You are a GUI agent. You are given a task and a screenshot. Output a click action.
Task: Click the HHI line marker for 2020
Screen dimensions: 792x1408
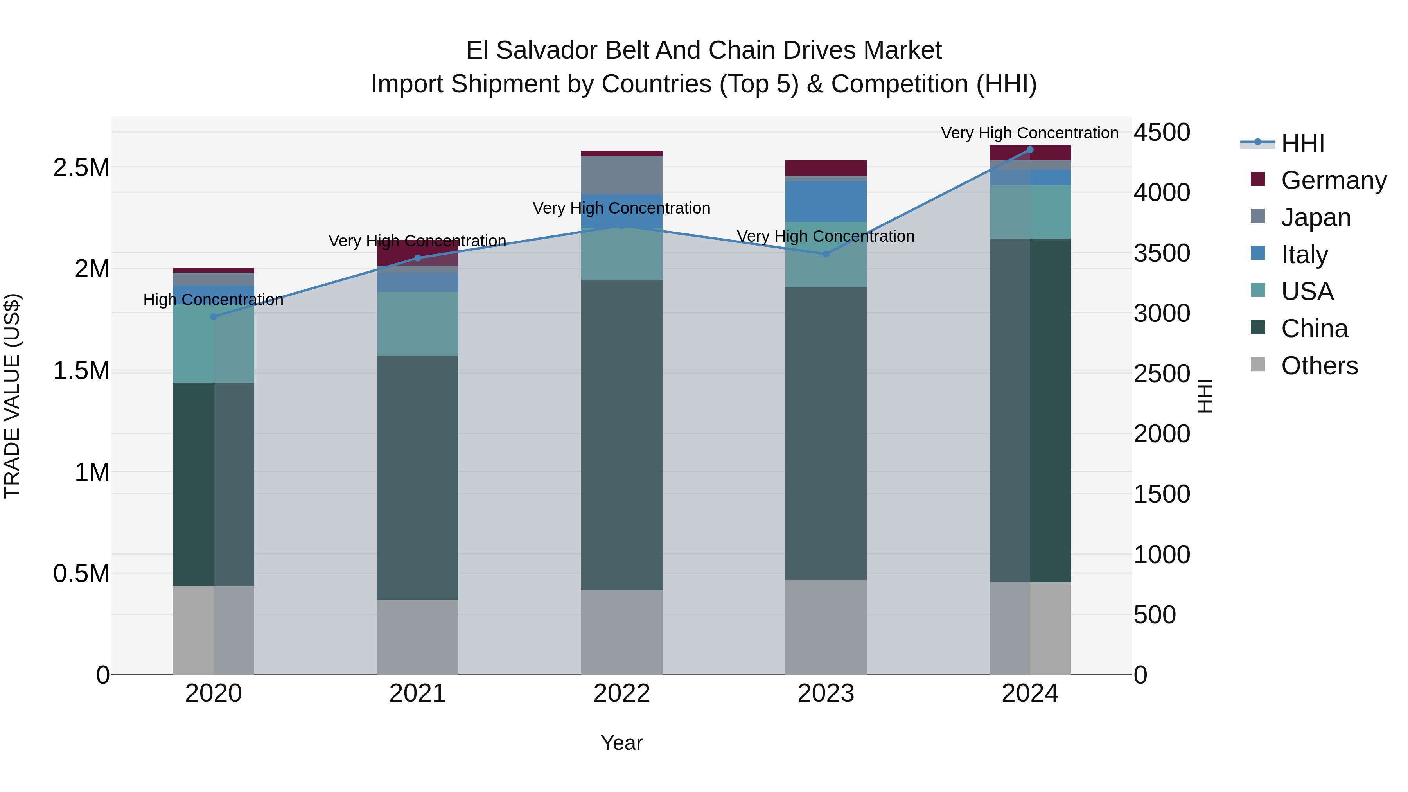(213, 316)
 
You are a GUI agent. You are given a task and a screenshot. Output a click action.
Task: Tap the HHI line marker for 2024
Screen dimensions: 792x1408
(1030, 149)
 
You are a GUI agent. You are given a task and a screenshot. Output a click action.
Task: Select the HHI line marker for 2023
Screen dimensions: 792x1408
(826, 253)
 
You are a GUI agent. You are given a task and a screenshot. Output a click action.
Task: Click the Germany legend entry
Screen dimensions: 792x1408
(1333, 180)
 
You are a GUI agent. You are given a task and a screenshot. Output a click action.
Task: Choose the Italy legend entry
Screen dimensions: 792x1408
(1304, 255)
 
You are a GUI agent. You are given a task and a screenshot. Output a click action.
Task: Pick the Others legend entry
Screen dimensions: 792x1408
(1318, 366)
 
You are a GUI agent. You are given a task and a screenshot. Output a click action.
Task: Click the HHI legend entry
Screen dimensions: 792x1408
(1302, 143)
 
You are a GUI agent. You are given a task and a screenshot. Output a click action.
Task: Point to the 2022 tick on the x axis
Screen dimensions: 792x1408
(621, 693)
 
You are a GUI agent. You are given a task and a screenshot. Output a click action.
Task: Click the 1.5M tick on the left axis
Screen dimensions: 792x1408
(81, 371)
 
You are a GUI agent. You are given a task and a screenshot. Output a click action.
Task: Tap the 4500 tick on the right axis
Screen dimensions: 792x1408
(1162, 132)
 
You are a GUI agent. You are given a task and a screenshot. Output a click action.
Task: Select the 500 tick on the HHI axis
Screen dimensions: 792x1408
(1155, 615)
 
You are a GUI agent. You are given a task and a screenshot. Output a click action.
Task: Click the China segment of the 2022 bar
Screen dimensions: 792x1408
(621, 435)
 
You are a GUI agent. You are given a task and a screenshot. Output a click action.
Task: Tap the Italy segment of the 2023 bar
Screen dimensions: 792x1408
(826, 201)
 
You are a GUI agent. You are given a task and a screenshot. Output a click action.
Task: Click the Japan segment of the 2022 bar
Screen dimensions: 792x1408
(621, 175)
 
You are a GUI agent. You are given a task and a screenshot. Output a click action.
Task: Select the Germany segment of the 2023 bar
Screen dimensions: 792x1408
(826, 168)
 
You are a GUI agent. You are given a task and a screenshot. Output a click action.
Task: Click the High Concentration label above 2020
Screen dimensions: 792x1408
(213, 300)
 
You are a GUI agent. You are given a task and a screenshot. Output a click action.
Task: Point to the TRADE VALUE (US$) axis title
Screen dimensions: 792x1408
(12, 396)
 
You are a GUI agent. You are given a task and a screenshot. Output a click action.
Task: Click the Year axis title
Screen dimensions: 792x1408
(621, 743)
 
